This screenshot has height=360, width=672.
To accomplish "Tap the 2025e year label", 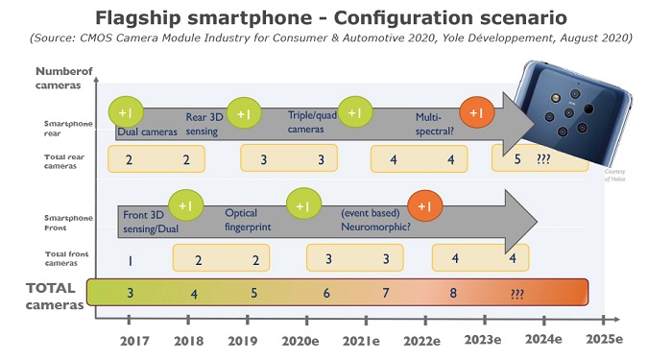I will tap(604, 341).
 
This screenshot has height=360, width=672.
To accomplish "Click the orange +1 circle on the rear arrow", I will tap(476, 113).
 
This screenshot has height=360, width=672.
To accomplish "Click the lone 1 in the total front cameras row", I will tap(129, 258).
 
